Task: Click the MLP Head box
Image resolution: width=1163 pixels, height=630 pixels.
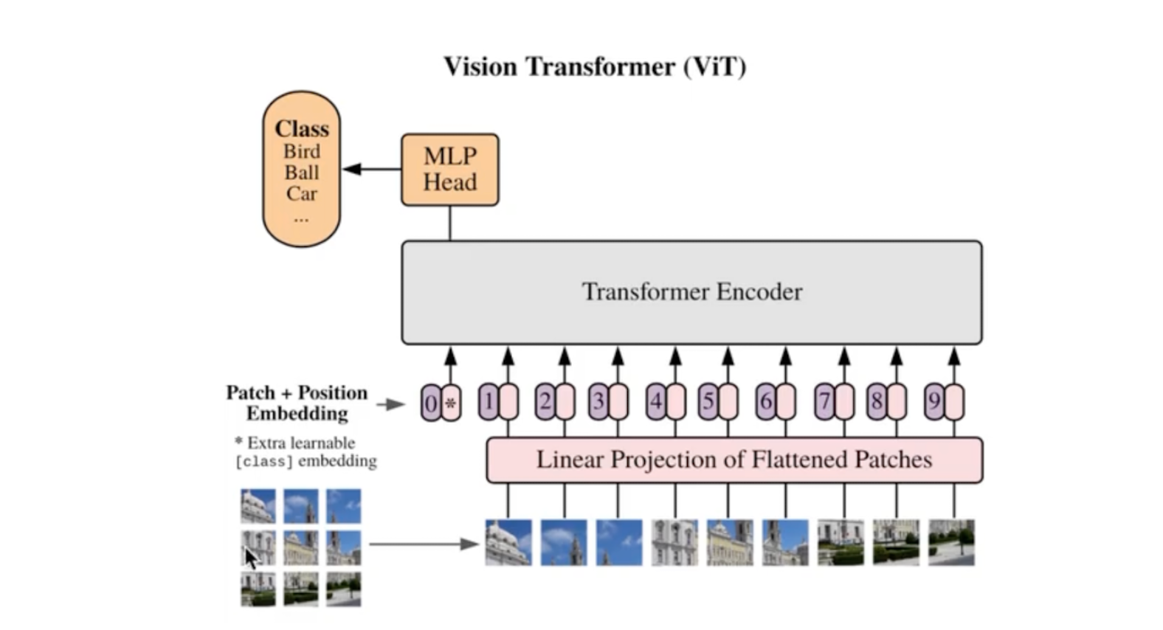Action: point(450,170)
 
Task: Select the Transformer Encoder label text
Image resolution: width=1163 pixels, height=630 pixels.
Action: point(692,291)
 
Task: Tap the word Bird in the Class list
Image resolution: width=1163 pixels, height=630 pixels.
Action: point(302,151)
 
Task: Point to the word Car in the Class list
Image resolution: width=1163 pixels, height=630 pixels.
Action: point(302,193)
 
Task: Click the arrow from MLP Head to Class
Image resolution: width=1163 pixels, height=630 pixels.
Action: point(372,169)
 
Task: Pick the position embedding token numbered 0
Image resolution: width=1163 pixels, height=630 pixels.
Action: point(430,403)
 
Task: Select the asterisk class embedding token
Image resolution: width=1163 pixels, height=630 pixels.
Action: point(451,403)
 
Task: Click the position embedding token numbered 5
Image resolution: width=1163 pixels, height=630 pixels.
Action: point(708,401)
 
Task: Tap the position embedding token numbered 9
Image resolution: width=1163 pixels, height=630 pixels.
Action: point(934,401)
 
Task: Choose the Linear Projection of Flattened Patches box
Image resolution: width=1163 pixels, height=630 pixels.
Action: point(735,460)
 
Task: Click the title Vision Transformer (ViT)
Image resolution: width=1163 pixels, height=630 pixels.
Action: point(595,66)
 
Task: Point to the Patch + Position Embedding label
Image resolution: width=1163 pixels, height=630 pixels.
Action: point(297,403)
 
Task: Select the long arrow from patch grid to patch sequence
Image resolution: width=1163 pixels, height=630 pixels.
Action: point(424,544)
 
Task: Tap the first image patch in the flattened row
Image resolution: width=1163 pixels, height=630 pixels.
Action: point(508,542)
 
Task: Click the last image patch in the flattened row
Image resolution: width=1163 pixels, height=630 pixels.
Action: point(951,542)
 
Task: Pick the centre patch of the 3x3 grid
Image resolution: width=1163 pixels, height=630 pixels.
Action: point(301,547)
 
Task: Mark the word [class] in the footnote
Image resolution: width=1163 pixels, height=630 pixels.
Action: point(264,461)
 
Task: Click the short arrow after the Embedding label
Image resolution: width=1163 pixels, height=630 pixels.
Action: point(390,404)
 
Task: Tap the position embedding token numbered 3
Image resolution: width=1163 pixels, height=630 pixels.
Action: point(598,401)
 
